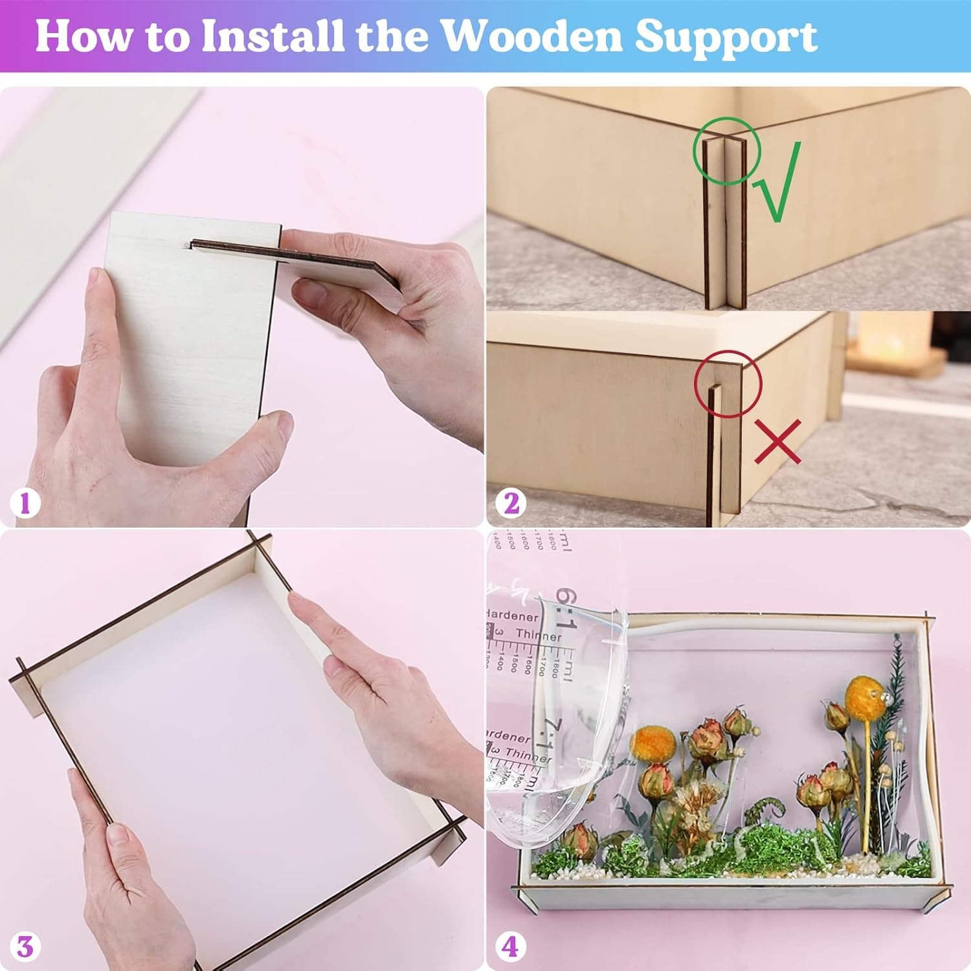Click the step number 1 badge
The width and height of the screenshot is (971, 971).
click(25, 503)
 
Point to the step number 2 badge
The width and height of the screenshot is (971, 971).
click(511, 503)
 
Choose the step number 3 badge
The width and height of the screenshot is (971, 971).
click(25, 947)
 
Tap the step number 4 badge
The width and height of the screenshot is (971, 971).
click(510, 947)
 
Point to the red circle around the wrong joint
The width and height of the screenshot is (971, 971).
click(728, 384)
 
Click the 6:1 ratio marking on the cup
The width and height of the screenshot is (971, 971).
click(564, 608)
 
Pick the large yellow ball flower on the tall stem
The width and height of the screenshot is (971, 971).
click(864, 694)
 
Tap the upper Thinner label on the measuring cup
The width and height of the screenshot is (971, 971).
click(539, 635)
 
